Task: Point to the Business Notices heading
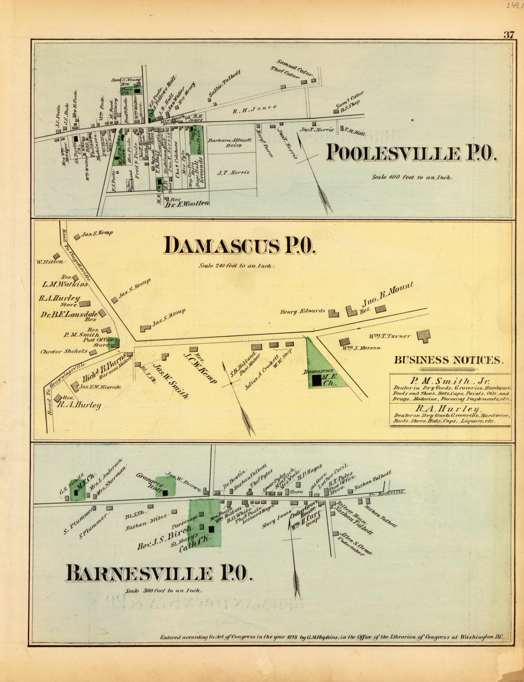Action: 448,360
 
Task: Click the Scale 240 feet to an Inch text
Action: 236,266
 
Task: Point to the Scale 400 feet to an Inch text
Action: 412,177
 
